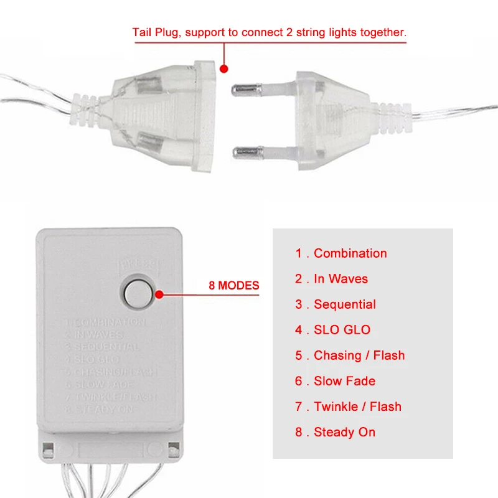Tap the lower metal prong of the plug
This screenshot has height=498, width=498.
pos(249,151)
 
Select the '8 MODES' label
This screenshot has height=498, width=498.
pos(233,286)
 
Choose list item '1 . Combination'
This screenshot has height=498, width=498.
pos(341,253)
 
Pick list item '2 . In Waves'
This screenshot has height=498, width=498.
pos(331,279)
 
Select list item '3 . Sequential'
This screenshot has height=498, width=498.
pos(336,304)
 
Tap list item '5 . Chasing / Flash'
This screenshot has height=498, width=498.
pos(350,355)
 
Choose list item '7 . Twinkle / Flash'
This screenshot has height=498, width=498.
pos(348,406)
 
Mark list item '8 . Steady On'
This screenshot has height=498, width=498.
pos(335,432)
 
